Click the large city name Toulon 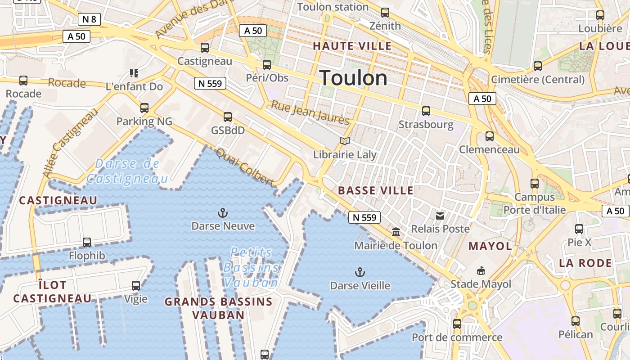click(353, 78)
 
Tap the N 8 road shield click(89, 19)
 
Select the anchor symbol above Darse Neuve click(222, 212)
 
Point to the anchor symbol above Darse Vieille click(360, 272)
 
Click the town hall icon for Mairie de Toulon click(396, 232)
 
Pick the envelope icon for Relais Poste click(440, 216)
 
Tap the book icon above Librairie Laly click(345, 141)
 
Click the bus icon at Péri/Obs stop click(267, 65)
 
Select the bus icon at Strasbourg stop click(426, 111)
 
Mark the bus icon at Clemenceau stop click(490, 136)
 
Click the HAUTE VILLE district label click(352, 46)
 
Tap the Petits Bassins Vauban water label click(251, 267)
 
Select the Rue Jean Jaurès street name click(310, 112)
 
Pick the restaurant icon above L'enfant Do click(134, 73)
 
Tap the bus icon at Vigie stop click(135, 285)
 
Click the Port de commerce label click(457, 337)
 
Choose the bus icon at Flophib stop click(87, 243)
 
